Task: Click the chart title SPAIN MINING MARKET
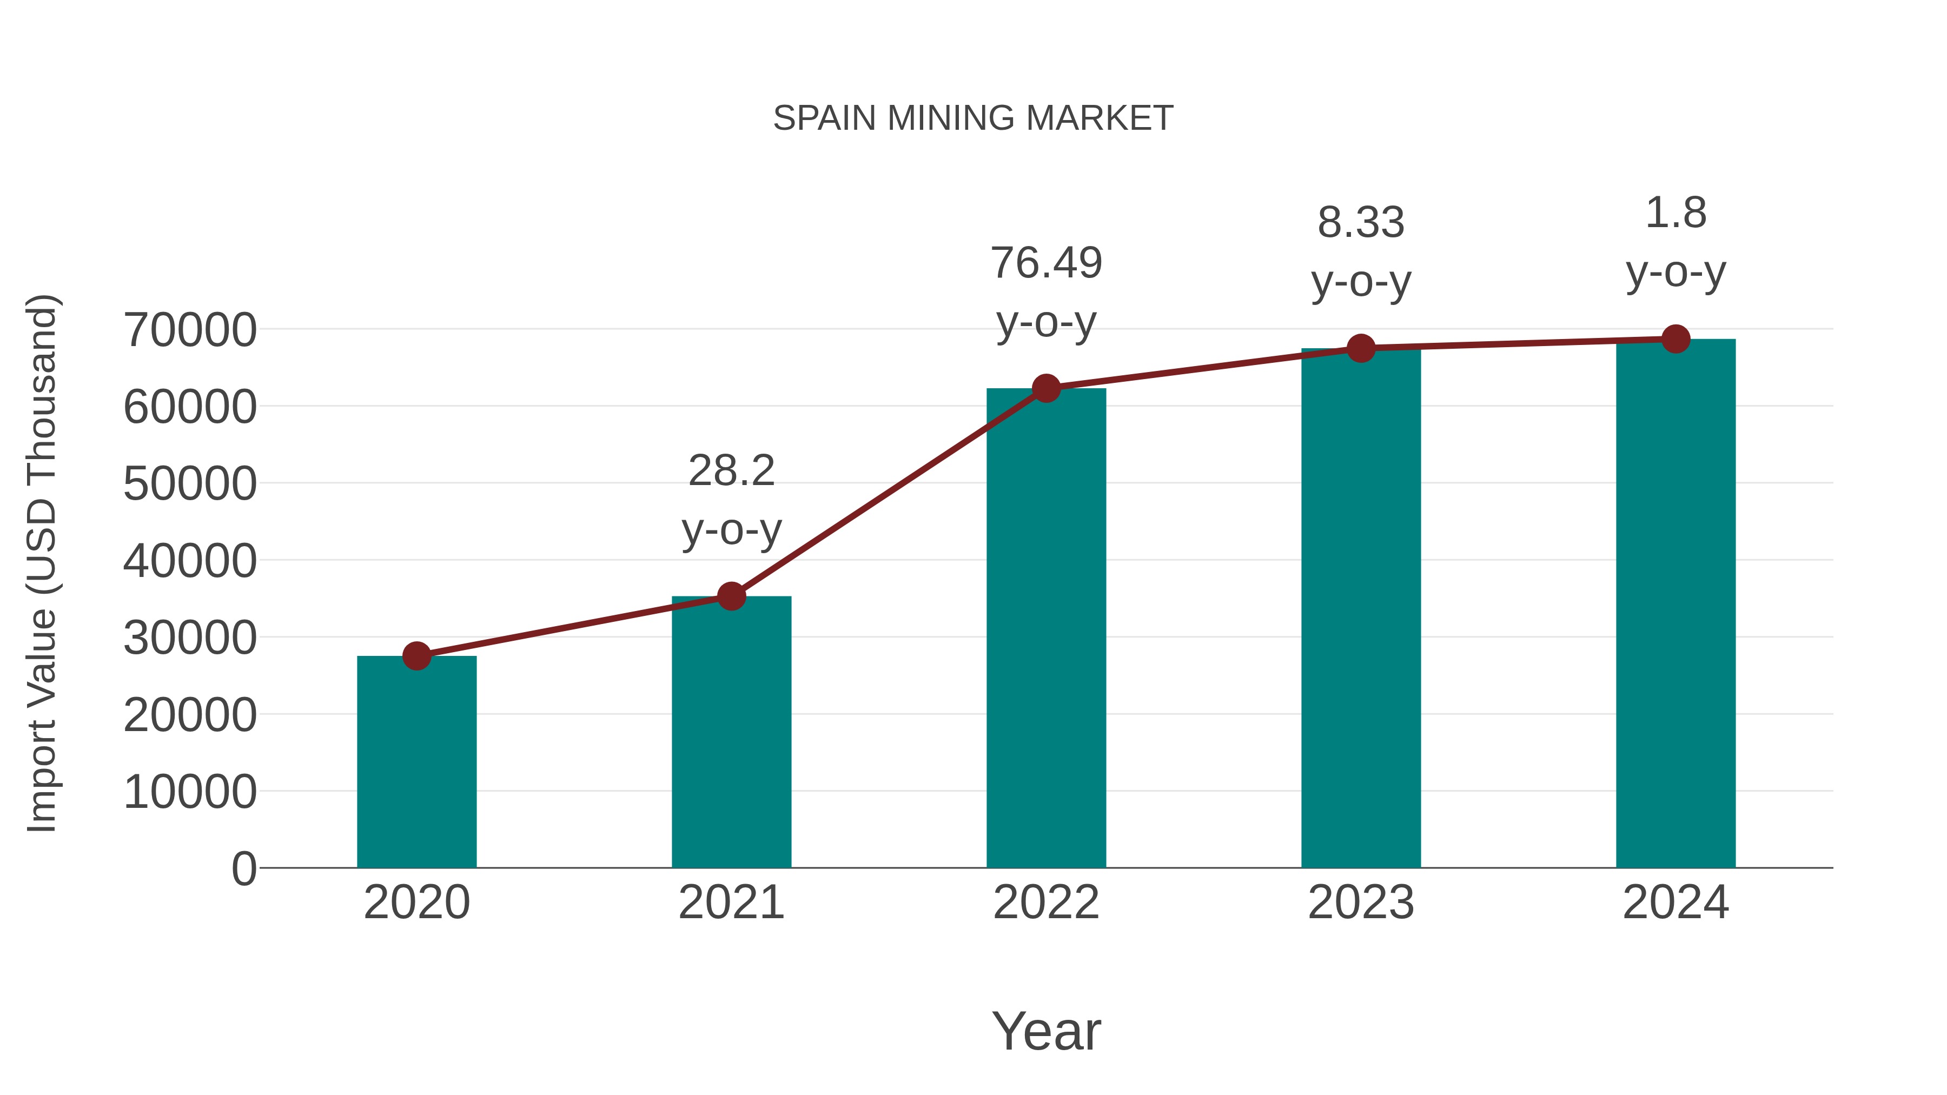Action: click(x=973, y=118)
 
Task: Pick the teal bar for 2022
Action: click(x=1046, y=627)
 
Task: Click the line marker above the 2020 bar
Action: click(x=416, y=656)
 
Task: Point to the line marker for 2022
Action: click(x=1046, y=388)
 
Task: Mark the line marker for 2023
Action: click(x=1361, y=348)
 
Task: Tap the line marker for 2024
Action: click(x=1676, y=339)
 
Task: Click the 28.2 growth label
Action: click(x=731, y=472)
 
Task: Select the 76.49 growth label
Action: click(x=1046, y=264)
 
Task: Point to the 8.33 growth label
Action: click(x=1361, y=223)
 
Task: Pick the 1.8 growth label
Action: click(x=1676, y=213)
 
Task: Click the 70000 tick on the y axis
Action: click(x=190, y=330)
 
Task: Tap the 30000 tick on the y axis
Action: click(x=190, y=638)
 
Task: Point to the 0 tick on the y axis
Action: click(x=243, y=868)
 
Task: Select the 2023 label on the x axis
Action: click(x=1361, y=902)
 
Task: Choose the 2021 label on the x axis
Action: click(x=731, y=902)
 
